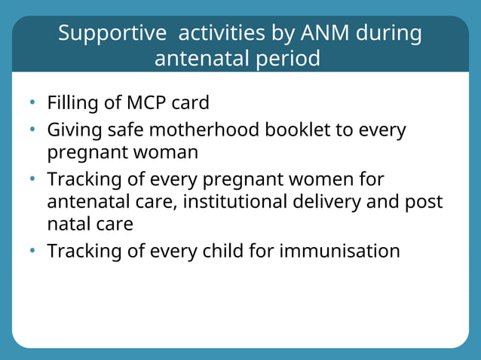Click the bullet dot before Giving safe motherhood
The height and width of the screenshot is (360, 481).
coord(33,130)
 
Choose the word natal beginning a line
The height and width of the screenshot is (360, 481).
coord(68,224)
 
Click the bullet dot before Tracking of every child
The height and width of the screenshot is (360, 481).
coord(33,252)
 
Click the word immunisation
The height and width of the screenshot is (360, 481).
coord(339,251)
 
